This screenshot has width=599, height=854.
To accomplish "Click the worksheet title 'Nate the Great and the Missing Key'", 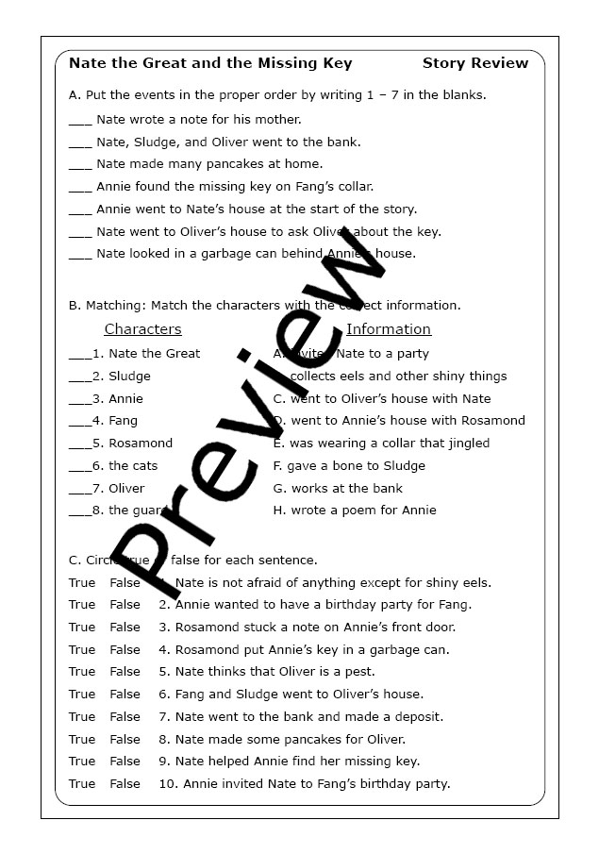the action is tap(210, 63).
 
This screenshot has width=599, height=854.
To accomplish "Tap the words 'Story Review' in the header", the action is tap(475, 63).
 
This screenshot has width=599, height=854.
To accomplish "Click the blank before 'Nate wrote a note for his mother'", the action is tap(80, 122).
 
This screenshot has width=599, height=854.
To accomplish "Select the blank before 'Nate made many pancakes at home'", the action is tap(80, 166).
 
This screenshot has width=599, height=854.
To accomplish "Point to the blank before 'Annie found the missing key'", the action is tap(80, 189).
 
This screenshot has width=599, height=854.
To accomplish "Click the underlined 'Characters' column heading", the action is tap(142, 329).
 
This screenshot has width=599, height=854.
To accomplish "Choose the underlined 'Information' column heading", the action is tap(389, 329).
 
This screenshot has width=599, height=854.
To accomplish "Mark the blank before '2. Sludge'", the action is tap(79, 377).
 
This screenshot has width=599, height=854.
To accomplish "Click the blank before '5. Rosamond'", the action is tap(79, 445).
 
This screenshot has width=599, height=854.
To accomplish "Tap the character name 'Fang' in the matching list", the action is tap(123, 421).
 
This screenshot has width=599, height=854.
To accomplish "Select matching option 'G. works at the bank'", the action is tap(338, 488).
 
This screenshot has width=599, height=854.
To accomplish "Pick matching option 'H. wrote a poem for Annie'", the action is tap(355, 511).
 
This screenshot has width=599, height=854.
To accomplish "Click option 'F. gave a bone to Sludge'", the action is tap(349, 465).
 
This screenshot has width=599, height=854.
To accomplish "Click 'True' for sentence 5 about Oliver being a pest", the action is tap(82, 672).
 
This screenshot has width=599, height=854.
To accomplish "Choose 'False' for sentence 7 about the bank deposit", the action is tap(125, 716).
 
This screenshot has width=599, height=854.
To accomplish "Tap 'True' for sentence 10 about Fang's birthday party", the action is tap(82, 783).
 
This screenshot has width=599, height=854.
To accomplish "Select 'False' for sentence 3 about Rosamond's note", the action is tap(125, 627).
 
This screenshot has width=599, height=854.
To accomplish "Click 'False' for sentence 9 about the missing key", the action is tap(125, 761).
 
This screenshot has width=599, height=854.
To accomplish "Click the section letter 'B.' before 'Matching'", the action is tap(75, 306).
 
